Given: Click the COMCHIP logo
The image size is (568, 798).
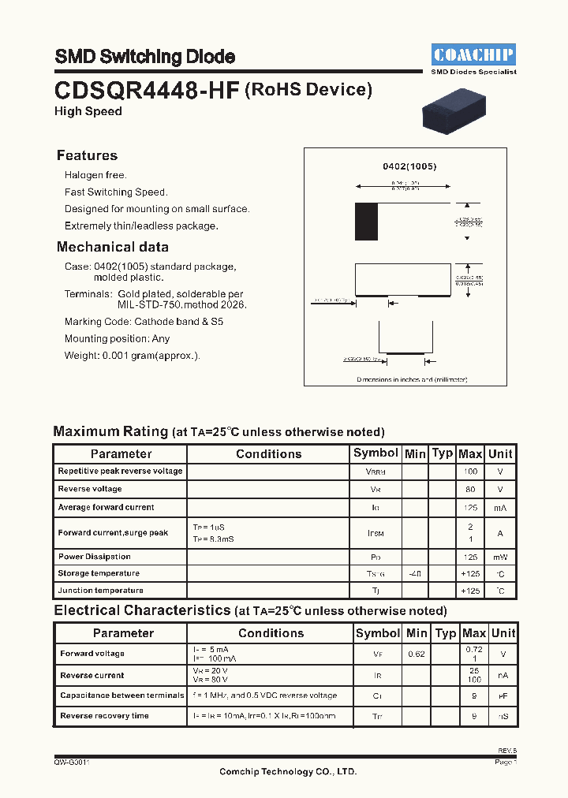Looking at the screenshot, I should pos(473,54).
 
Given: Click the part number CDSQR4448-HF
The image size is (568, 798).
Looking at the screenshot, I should pos(147,90).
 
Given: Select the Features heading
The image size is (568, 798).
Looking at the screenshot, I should pos(87,155).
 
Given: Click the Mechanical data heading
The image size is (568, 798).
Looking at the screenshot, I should pos(112,247).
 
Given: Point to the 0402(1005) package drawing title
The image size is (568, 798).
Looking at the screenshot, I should pos(409,166).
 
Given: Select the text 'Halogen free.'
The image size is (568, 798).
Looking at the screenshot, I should pos(95,175).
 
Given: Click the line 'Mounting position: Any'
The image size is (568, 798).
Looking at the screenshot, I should pos(117,338).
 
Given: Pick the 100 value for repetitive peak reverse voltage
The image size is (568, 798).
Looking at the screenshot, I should pos(470,472).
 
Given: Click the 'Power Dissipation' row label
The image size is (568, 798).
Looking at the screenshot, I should pos(94,557).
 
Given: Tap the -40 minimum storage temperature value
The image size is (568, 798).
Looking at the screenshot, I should pos(414,573).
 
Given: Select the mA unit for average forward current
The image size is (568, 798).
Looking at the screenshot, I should pos(499,508).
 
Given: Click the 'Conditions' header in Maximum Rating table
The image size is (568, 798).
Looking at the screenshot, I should pos(268,453).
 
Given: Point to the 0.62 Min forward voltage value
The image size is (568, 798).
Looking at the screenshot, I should pos(417,654).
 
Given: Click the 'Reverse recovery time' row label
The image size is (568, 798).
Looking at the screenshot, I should pos(104,716).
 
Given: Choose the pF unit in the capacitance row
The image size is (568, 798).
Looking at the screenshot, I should pos(503,695).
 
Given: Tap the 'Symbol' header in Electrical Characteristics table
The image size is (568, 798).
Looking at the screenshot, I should pos(378,633).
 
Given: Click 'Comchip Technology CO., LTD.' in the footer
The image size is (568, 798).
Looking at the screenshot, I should pos(287,771).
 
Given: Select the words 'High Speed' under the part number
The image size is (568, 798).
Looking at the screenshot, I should pos(88,111).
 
